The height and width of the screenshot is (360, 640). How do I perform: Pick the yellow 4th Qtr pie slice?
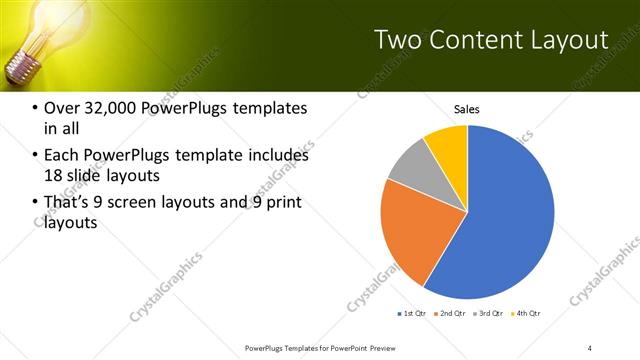pos(448,145)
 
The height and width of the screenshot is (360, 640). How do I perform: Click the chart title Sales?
pos(468,108)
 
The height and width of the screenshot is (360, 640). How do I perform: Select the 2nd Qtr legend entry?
pos(452,314)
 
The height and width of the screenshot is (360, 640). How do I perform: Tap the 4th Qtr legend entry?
pos(527,314)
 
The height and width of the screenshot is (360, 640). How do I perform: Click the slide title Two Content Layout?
pos(490,41)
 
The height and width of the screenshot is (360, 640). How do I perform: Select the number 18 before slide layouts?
pos(54,175)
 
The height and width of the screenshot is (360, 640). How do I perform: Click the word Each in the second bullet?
pos(62,156)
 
